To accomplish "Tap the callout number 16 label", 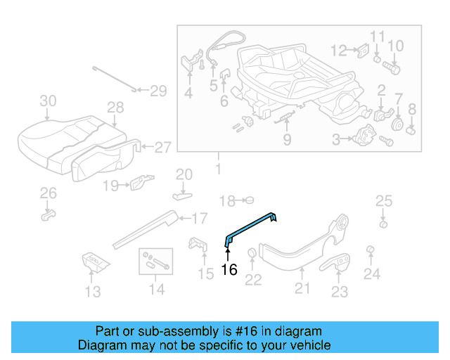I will (x=229, y=269).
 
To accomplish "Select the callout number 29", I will (x=158, y=91).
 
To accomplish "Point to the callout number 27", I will (x=162, y=148).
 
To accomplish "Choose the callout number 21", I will (x=302, y=287).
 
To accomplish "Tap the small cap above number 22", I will (x=252, y=254).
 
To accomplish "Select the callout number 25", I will (x=382, y=202).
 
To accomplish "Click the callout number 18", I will (x=226, y=201).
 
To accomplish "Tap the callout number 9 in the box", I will (x=287, y=139).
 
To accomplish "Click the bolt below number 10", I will (x=392, y=69).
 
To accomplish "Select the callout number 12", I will (x=339, y=51).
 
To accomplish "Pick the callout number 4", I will (x=188, y=93).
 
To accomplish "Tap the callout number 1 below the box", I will (x=217, y=169).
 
